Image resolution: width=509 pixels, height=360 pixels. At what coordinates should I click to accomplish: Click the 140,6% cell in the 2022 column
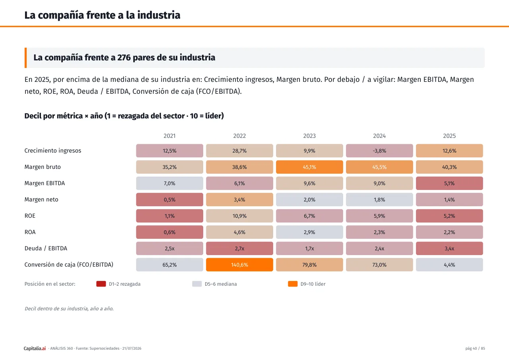[239, 265]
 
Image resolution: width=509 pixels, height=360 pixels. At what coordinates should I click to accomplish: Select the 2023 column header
[309, 136]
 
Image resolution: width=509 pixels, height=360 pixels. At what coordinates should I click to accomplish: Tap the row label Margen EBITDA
[45, 183]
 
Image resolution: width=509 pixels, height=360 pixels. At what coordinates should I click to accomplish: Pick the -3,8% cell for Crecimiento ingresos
[379, 151]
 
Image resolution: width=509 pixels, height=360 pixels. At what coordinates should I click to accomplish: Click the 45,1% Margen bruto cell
[309, 167]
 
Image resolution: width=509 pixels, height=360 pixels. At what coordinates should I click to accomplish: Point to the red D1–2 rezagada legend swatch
[101, 284]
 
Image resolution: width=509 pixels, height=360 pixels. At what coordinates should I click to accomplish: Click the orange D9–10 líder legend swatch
[293, 284]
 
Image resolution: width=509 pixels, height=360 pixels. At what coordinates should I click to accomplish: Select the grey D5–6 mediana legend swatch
[197, 284]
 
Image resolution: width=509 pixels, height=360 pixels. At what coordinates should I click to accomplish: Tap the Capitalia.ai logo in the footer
[35, 348]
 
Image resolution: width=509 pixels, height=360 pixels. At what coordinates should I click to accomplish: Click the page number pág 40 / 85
[475, 348]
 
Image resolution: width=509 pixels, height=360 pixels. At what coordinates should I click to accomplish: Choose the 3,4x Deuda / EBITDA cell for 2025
[449, 248]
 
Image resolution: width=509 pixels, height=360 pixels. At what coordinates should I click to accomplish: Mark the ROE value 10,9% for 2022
[239, 216]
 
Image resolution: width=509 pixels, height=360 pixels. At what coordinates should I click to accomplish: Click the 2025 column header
[449, 136]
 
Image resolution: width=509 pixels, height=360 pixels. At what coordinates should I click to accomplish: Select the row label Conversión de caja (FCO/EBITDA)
[69, 265]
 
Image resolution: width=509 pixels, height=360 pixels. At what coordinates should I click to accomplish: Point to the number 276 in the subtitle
[124, 58]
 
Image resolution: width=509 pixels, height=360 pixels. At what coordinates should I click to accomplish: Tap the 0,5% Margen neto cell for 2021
[169, 199]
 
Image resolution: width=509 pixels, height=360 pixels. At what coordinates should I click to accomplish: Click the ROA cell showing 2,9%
[309, 232]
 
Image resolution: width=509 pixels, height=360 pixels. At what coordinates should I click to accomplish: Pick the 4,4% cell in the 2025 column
[449, 265]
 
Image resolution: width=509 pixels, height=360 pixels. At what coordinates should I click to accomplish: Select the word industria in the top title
[159, 15]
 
